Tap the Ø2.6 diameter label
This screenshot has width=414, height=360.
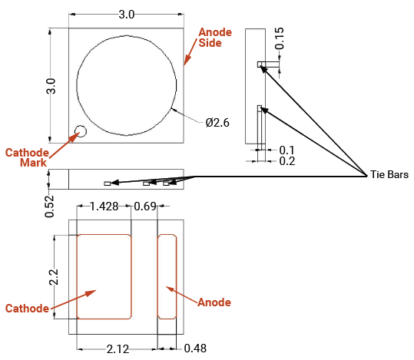[217, 123]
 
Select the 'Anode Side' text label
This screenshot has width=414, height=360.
[215, 38]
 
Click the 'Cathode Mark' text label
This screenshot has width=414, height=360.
[27, 157]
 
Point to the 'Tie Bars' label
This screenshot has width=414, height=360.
[389, 174]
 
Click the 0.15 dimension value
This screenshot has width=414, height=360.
[280, 38]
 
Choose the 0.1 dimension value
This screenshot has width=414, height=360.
[286, 150]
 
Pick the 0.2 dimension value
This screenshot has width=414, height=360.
[287, 161]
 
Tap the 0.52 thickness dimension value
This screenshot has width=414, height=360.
[49, 206]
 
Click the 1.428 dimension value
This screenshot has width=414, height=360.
[104, 206]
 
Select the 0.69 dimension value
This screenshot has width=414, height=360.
[145, 206]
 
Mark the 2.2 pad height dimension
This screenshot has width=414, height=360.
[53, 277]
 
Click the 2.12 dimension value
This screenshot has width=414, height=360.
[118, 349]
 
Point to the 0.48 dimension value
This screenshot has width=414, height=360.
[195, 348]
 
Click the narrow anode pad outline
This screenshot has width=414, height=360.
[157, 276]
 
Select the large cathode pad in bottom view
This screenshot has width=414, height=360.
[104, 276]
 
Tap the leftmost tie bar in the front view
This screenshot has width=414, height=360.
[108, 183]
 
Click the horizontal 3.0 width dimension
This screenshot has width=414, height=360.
[127, 15]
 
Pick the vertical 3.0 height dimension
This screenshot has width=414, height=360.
[51, 86]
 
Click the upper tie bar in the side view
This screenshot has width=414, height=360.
[260, 64]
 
